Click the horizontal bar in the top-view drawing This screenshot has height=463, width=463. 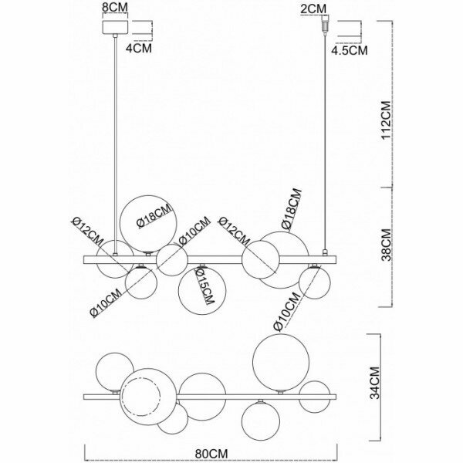point(212,397)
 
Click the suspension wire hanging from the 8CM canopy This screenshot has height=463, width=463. point(117,139)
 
